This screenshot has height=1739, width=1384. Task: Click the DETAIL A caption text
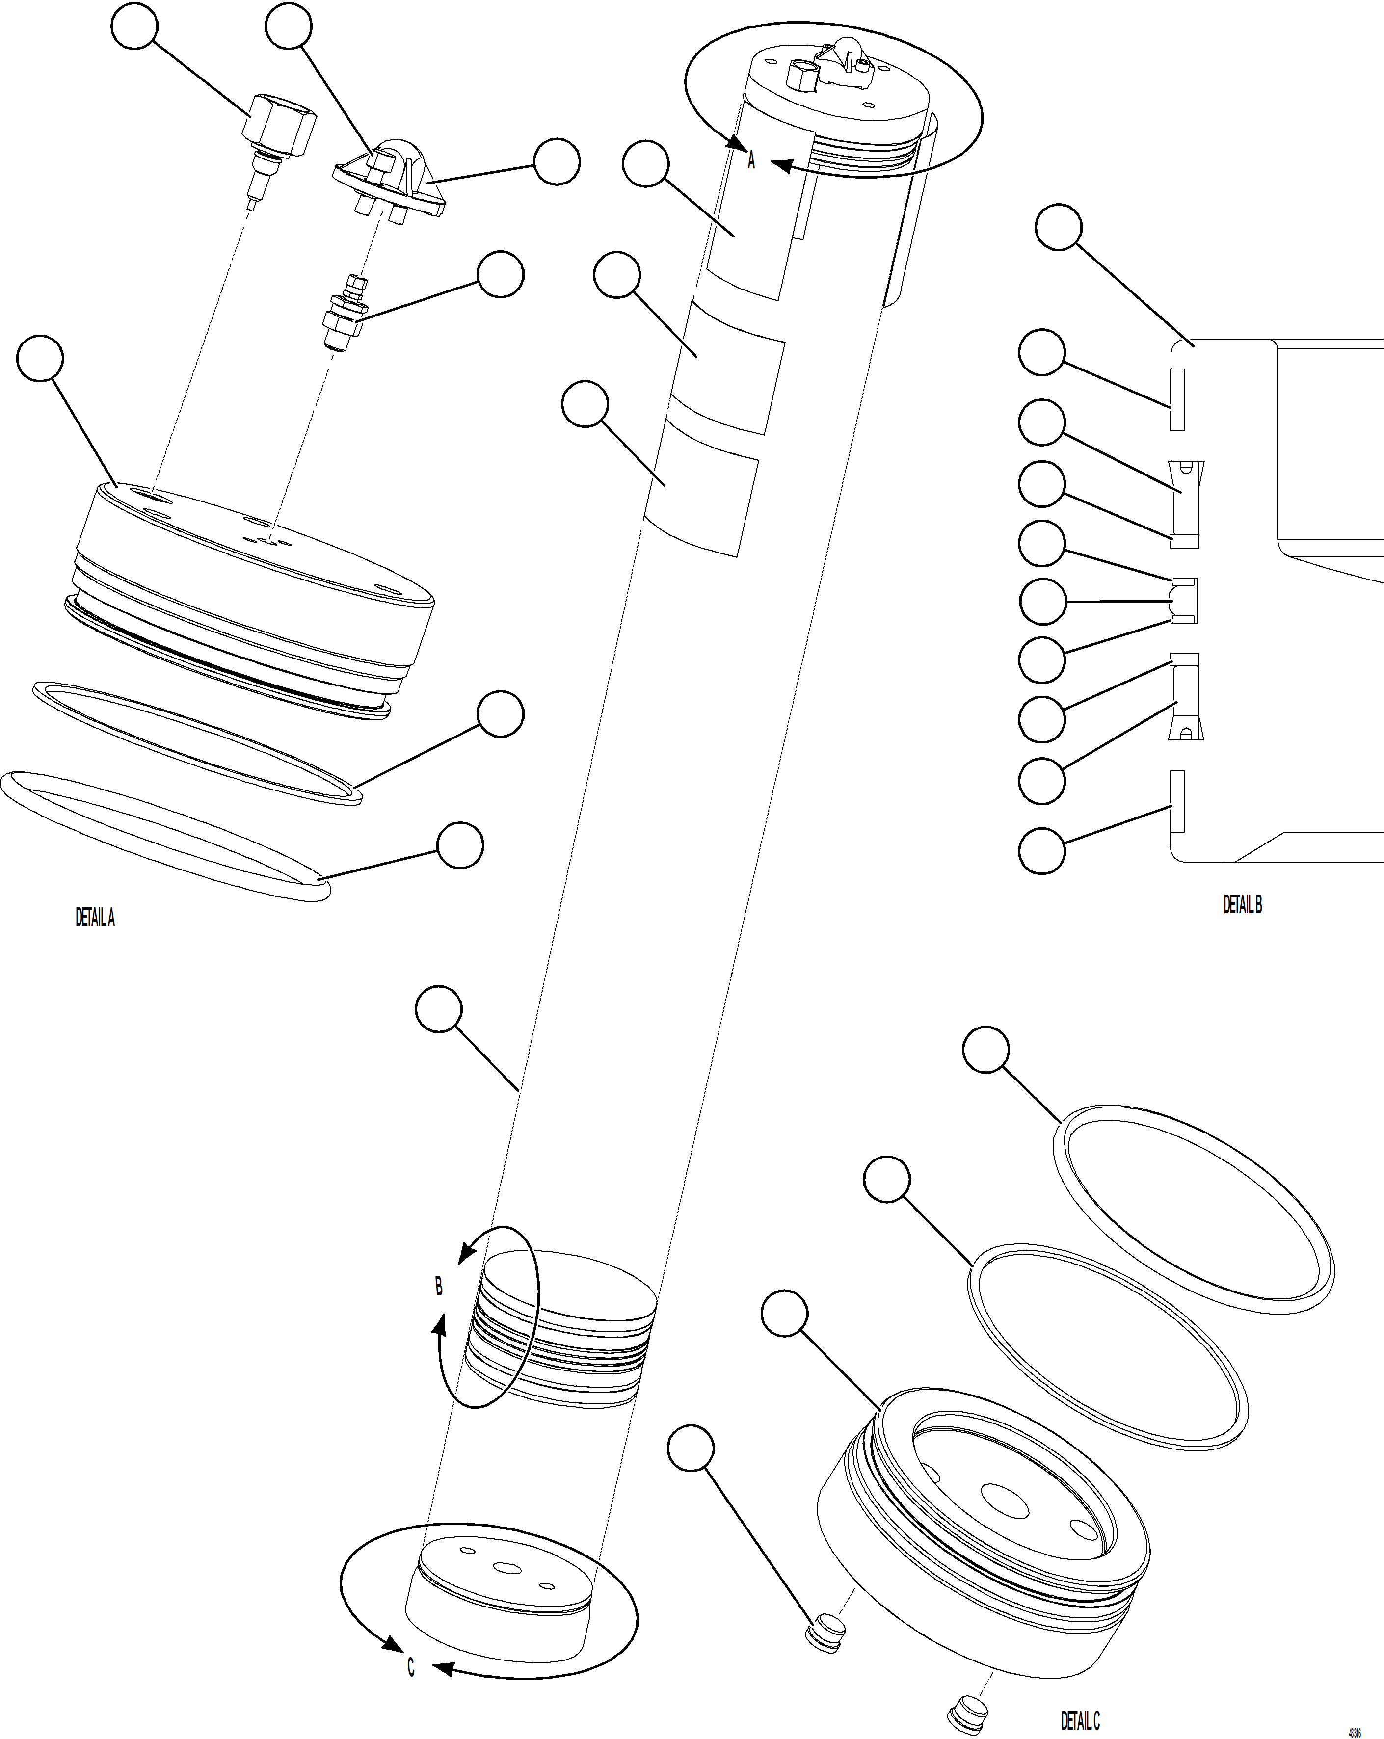pos(95,918)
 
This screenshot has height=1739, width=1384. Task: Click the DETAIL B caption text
pos(1242,905)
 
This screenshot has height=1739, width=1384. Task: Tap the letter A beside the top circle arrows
pos(751,159)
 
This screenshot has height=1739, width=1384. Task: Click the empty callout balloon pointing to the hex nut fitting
pos(134,26)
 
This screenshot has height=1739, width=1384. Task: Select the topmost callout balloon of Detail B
pos(1058,228)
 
